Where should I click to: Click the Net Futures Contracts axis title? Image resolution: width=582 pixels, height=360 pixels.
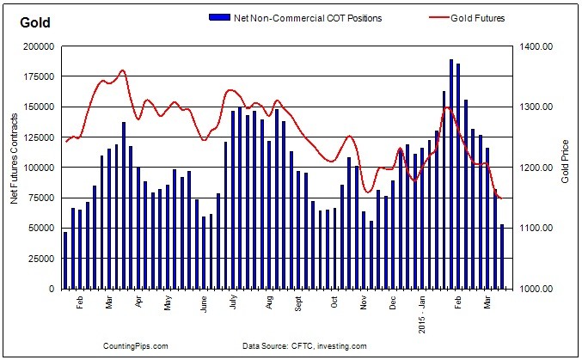point(15,167)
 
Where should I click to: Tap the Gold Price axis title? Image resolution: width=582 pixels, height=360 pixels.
point(564,167)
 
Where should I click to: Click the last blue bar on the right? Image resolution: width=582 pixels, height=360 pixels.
point(502,256)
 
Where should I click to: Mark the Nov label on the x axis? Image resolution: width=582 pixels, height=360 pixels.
point(365,303)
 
